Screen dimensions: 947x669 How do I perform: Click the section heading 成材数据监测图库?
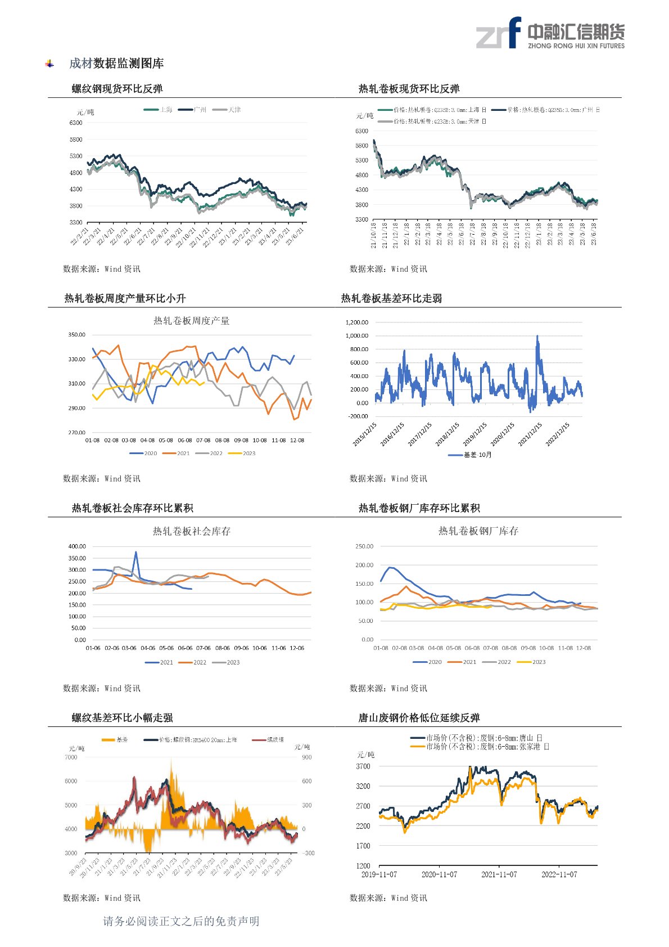click(116, 64)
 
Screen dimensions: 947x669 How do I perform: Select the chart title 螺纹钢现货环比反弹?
click(117, 89)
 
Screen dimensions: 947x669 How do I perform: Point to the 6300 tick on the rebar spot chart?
click(76, 123)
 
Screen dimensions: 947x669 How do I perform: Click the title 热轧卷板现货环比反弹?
click(409, 89)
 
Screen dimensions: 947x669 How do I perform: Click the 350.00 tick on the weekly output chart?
click(76, 335)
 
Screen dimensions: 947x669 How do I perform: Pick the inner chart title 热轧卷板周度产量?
click(191, 321)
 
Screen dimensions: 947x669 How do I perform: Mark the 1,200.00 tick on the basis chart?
click(357, 322)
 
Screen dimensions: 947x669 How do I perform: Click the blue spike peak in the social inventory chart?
click(135, 553)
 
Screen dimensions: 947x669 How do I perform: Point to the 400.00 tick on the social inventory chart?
click(77, 546)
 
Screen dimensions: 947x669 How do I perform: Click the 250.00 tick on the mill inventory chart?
click(364, 546)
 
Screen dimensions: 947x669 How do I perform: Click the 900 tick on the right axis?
click(307, 757)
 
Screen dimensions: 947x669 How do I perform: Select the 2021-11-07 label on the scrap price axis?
click(499, 874)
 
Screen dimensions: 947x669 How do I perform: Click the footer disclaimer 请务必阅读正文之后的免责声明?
click(181, 921)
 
